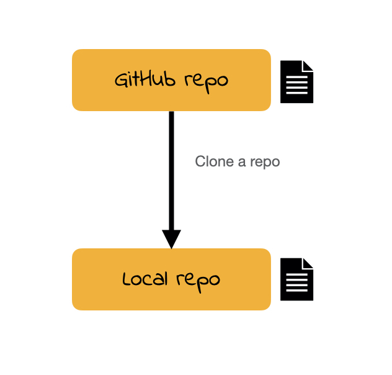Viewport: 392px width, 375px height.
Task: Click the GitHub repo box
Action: point(171,80)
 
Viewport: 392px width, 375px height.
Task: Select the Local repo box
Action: point(171,279)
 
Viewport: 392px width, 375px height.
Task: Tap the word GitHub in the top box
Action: point(145,79)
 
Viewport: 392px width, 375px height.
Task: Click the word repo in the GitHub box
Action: point(207,83)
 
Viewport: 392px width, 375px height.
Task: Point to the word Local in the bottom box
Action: point(145,279)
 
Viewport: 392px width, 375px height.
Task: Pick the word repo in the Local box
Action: point(198,282)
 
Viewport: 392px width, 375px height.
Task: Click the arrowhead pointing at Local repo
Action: point(171,239)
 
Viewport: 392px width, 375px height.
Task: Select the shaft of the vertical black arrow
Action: point(171,171)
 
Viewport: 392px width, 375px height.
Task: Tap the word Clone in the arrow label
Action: point(214,161)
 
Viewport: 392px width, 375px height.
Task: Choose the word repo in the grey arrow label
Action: point(265,163)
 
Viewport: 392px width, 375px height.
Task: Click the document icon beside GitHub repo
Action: point(296,81)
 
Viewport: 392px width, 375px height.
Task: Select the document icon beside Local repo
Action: point(296,279)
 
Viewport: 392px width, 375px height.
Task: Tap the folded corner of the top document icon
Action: point(308,66)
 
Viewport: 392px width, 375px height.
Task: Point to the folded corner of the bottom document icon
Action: point(308,264)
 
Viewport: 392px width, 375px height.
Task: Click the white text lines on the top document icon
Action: point(296,85)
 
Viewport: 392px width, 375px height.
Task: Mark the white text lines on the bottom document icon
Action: point(296,282)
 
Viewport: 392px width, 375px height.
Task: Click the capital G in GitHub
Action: point(122,80)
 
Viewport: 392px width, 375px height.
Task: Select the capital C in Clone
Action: point(200,161)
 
